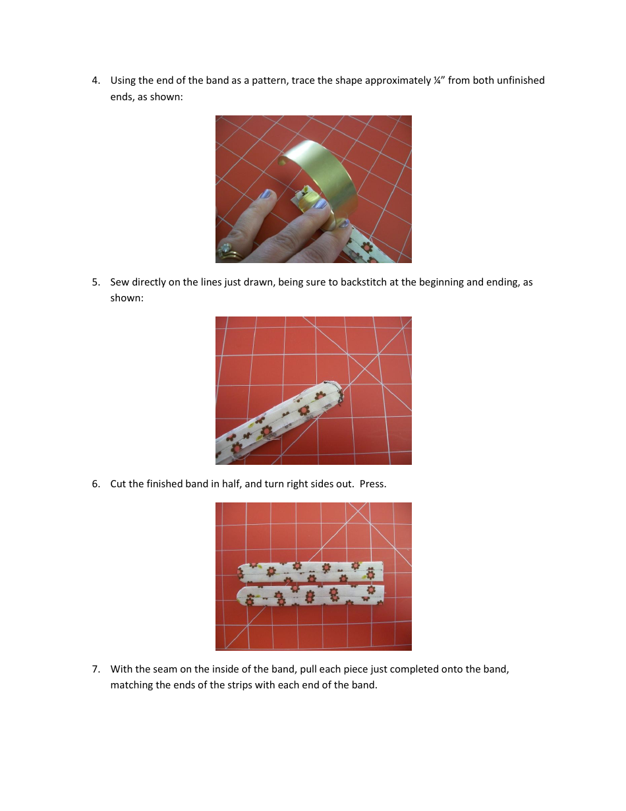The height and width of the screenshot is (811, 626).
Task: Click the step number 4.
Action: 96,80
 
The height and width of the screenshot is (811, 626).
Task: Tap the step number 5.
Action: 96,282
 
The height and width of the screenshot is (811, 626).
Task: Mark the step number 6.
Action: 96,484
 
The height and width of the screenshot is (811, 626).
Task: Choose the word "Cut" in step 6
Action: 119,484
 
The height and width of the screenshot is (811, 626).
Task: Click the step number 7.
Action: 96,669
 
